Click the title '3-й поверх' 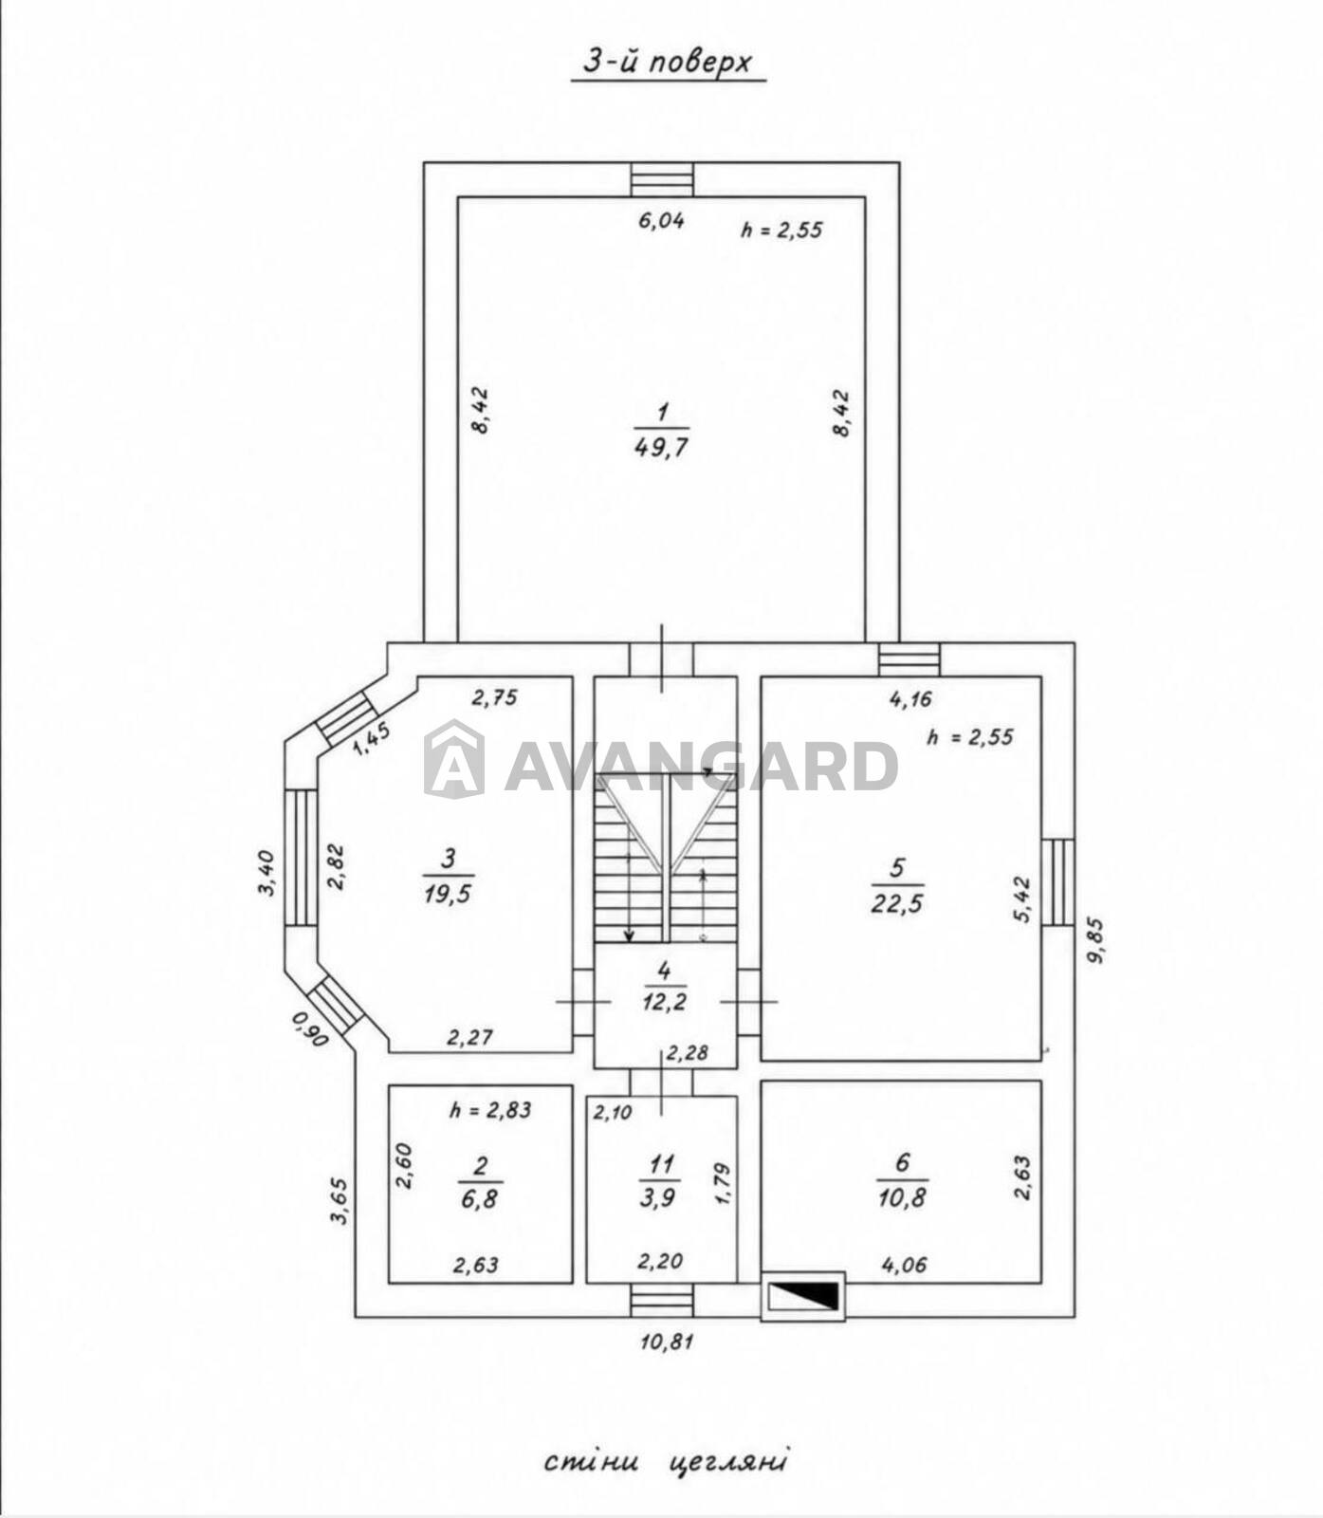point(667,63)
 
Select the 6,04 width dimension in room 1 point(661,220)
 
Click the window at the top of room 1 point(662,179)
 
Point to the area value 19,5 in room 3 point(449,893)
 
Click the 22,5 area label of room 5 point(897,902)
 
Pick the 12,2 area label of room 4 point(664,1002)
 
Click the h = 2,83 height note point(490,1109)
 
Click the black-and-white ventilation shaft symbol point(802,1296)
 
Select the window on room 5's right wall point(1057,882)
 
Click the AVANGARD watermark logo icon point(453,758)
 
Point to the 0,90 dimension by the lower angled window point(310,1029)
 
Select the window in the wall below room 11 point(662,1300)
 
